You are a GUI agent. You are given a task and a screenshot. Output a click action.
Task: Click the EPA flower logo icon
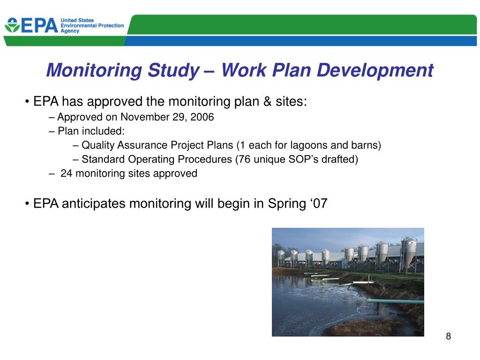[12, 25]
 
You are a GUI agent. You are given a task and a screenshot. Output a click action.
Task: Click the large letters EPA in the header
[39, 26]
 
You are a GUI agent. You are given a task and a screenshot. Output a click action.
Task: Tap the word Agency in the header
[70, 31]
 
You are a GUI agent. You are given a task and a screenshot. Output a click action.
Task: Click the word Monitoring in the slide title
[94, 71]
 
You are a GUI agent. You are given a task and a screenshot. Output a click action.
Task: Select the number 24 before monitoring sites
[67, 173]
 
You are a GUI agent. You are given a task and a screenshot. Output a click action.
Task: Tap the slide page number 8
[448, 336]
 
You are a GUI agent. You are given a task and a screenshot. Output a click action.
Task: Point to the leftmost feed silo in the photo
[281, 257]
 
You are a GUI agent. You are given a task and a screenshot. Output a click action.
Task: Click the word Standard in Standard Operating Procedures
[101, 159]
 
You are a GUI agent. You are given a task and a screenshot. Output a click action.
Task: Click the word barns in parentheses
[366, 145]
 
